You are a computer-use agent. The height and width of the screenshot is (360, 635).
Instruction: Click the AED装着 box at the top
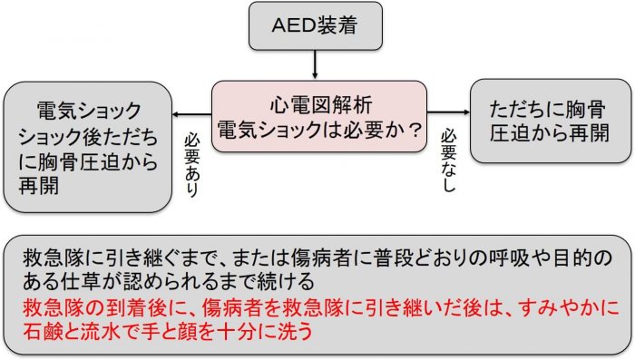click(x=315, y=27)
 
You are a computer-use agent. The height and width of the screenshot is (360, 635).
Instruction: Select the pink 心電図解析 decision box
click(x=319, y=116)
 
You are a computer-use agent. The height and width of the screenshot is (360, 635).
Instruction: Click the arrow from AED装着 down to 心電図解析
click(x=315, y=65)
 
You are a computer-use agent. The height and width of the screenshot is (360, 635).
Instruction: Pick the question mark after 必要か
click(x=415, y=129)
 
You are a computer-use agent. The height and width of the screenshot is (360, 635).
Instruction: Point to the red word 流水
click(x=103, y=329)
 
